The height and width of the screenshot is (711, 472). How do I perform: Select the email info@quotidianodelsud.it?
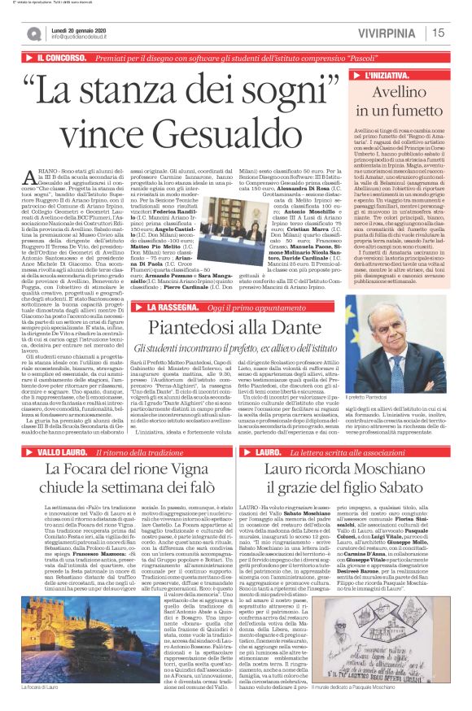tap(85, 37)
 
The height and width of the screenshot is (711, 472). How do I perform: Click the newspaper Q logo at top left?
tap(33, 33)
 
